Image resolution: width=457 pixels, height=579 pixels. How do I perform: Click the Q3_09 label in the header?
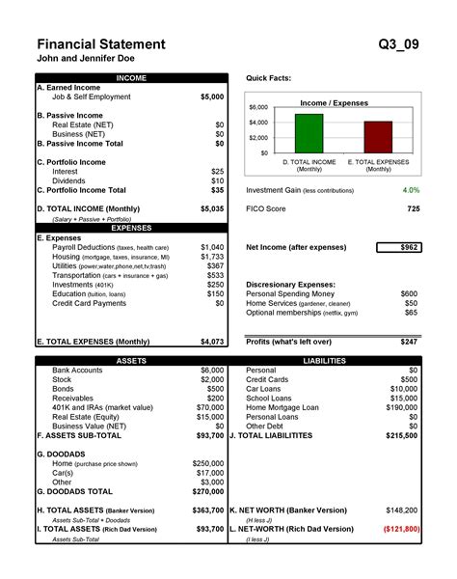[399, 44]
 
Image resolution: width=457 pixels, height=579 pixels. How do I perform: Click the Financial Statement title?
[100, 44]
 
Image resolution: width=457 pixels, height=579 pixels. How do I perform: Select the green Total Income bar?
[309, 129]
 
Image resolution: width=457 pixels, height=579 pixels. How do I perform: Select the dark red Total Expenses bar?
[378, 133]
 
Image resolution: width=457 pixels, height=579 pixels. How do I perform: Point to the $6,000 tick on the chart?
[258, 107]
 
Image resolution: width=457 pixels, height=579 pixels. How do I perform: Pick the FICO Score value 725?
[413, 208]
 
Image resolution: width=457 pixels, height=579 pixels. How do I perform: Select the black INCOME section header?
[131, 77]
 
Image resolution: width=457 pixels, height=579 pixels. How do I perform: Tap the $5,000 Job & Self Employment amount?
[211, 97]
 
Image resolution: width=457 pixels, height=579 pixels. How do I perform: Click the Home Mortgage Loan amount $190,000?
[400, 407]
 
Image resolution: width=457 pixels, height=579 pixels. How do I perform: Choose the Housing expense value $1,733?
[212, 258]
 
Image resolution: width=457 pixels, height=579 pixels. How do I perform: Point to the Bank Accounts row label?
[77, 371]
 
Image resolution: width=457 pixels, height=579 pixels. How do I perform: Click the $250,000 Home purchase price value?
[207, 463]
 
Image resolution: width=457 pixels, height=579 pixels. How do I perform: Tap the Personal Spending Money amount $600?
[409, 293]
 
